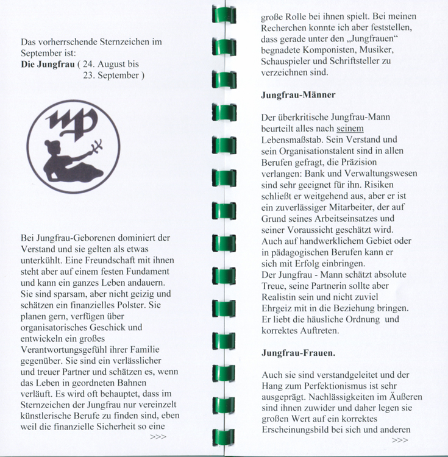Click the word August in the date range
[x=111, y=63]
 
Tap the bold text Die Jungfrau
[x=47, y=63]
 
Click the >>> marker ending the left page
[x=158, y=436]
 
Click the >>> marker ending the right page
[x=400, y=439]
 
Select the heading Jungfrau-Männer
[x=298, y=96]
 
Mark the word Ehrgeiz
[x=278, y=308]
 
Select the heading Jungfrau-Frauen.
[x=297, y=353]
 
